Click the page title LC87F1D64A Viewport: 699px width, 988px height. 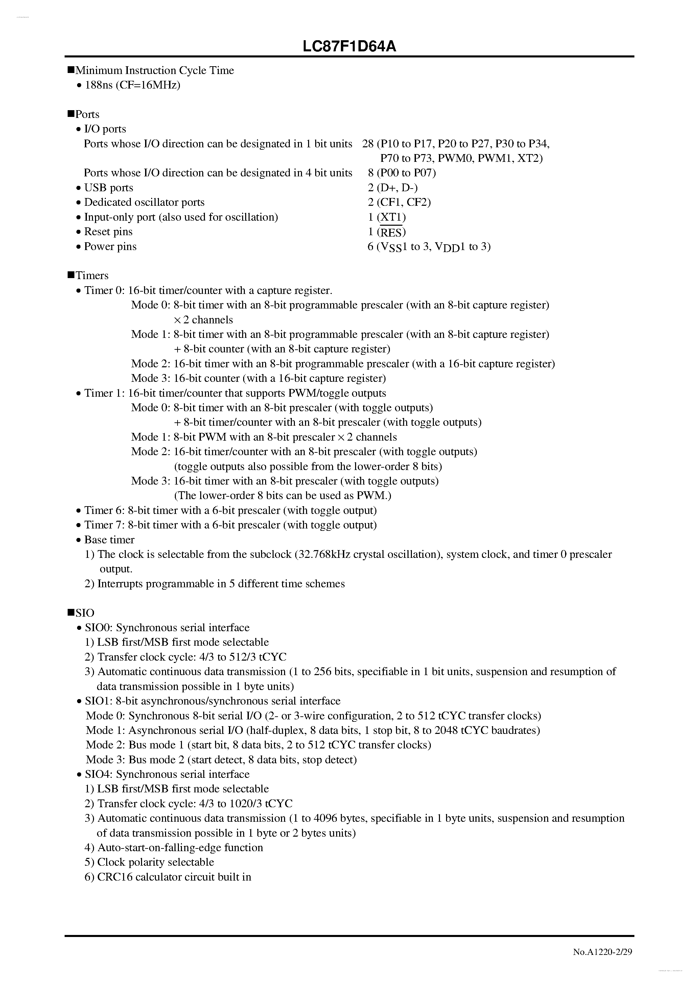click(x=349, y=46)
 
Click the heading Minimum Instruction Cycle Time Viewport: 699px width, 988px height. click(x=154, y=71)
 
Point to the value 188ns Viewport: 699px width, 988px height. click(x=99, y=85)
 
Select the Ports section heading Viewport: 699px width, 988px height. click(x=87, y=115)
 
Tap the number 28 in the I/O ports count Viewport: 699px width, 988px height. click(x=368, y=144)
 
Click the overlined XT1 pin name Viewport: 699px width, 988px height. click(x=392, y=217)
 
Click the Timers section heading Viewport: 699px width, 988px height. click(x=92, y=276)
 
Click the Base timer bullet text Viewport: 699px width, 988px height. click(x=109, y=540)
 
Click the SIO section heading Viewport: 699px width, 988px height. click(x=85, y=613)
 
